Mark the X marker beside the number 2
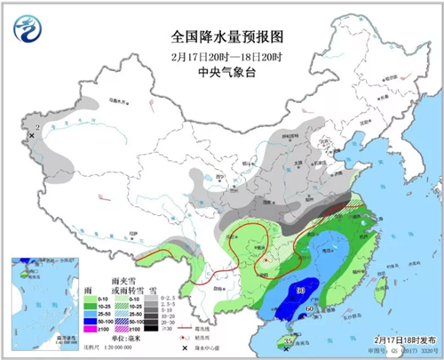pos(31,135)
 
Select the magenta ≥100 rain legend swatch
pos(90,330)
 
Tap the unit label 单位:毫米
pos(126,339)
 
